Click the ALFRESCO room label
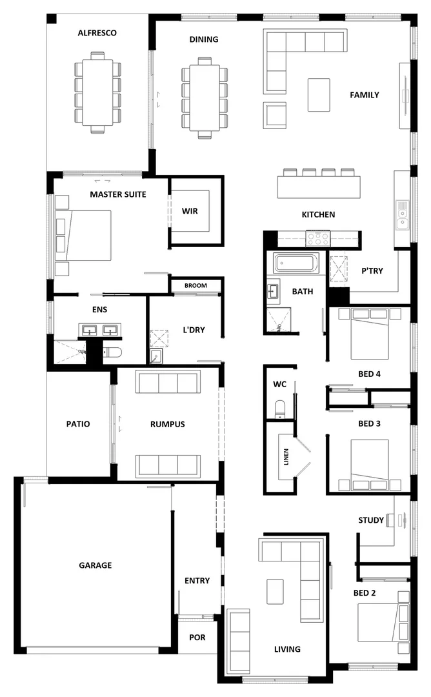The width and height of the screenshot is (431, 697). pos(97,33)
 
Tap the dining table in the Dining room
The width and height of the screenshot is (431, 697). pos(205,97)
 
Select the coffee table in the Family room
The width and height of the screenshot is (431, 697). pos(319,95)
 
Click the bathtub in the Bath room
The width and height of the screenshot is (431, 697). pos(293,263)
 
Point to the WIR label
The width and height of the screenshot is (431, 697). pos(190,211)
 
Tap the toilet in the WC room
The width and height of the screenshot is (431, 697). pos(280,409)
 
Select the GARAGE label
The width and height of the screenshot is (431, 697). pos(95,565)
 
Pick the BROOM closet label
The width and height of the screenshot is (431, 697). pos(195,285)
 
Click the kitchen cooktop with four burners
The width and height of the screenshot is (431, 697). pos(317,238)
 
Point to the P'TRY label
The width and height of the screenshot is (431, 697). pos(372,271)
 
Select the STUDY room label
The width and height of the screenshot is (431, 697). pos(371,520)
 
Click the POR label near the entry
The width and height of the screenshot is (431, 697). pos(197,638)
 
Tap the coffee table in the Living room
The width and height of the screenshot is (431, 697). pos(276,591)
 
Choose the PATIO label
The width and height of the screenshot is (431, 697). pos(78,424)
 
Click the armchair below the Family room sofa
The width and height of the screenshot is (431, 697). pos(274,114)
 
